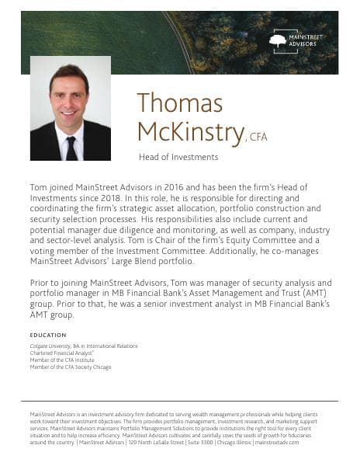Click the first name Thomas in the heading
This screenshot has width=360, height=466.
click(179, 103)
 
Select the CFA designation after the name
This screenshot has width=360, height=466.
click(258, 137)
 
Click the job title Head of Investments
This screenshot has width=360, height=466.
click(178, 157)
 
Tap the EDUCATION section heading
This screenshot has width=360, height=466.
click(48, 335)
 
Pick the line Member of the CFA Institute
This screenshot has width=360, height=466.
click(63, 361)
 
